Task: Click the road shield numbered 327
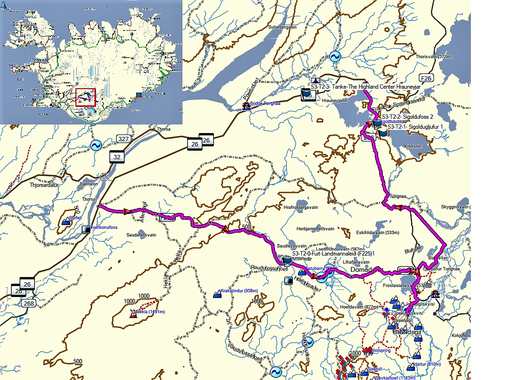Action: [123, 139]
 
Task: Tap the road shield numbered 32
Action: [116, 156]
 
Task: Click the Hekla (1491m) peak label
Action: [150, 312]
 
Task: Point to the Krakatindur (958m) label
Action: [239, 290]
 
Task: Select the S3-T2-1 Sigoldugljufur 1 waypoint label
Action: [415, 127]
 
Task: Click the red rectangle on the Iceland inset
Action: [85, 97]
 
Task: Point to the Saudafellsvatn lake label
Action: [142, 235]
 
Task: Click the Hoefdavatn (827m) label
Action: [359, 307]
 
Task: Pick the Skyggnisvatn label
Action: [454, 207]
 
